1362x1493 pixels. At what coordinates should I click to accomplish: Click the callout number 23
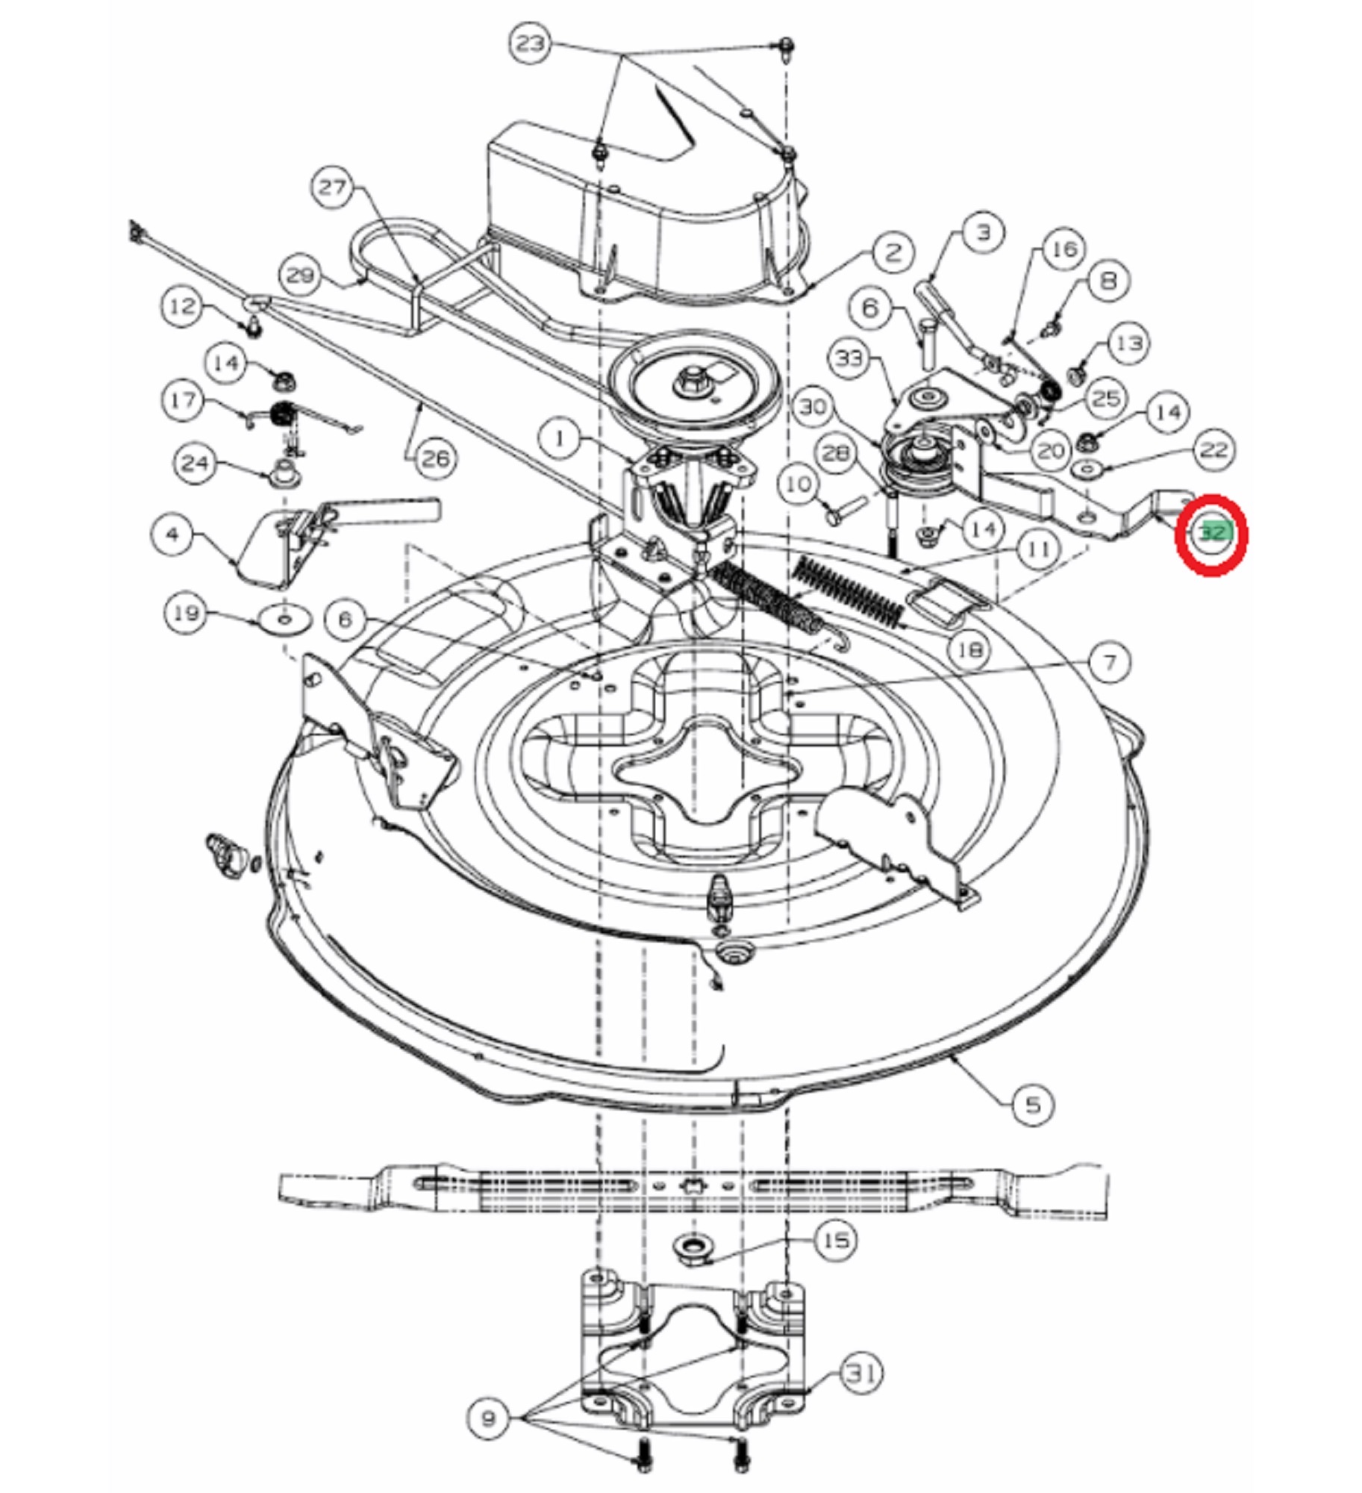click(531, 43)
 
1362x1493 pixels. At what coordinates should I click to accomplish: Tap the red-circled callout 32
click(1211, 534)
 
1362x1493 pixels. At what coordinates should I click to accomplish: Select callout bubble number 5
click(1032, 1103)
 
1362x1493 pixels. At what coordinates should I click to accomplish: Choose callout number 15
click(835, 1241)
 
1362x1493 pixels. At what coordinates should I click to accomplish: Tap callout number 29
click(301, 275)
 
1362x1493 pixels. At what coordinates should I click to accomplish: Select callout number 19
click(186, 613)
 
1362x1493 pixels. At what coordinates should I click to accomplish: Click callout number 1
click(560, 438)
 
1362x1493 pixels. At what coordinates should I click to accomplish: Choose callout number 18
click(969, 649)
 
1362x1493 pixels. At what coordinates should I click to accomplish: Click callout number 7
click(1109, 662)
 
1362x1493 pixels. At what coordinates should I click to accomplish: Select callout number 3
click(984, 232)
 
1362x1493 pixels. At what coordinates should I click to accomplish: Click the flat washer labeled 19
click(284, 619)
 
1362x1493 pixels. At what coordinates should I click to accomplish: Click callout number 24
click(196, 463)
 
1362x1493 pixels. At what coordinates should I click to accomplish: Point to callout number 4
click(172, 534)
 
